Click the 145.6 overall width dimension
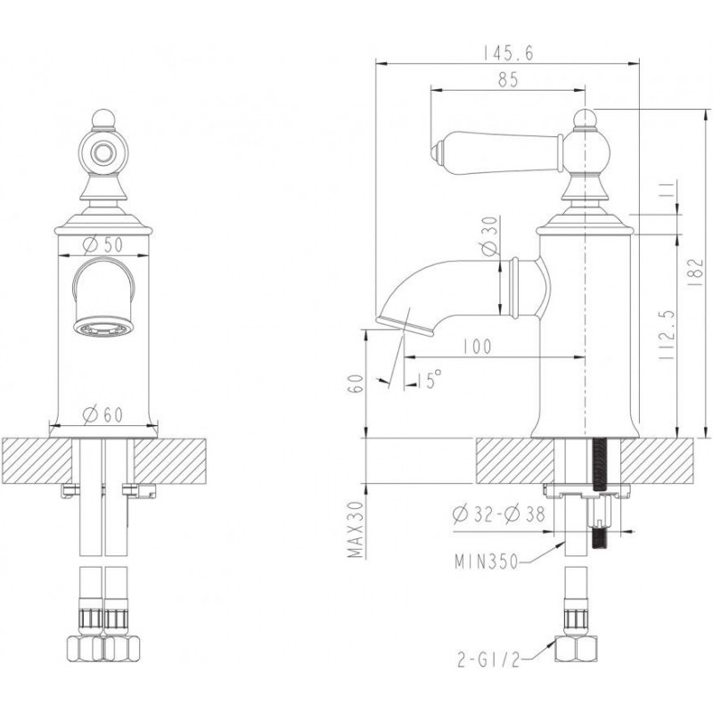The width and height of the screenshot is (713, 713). (507, 53)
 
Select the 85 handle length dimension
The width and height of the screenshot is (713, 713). (508, 80)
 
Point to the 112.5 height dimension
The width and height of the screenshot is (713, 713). (666, 336)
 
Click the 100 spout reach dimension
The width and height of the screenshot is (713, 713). (477, 347)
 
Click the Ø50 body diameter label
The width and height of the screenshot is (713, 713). (103, 245)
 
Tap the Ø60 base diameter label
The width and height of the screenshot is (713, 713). (103, 414)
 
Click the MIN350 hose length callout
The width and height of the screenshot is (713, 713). (487, 562)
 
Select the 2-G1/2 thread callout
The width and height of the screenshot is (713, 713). (488, 660)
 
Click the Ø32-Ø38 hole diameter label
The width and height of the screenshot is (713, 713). (498, 514)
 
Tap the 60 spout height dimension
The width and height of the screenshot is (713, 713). (357, 384)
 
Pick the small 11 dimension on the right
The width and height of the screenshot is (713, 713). (666, 190)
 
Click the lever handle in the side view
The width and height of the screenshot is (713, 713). (496, 152)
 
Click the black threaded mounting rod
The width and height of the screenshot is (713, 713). (600, 495)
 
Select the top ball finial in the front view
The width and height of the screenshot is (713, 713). (103, 119)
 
